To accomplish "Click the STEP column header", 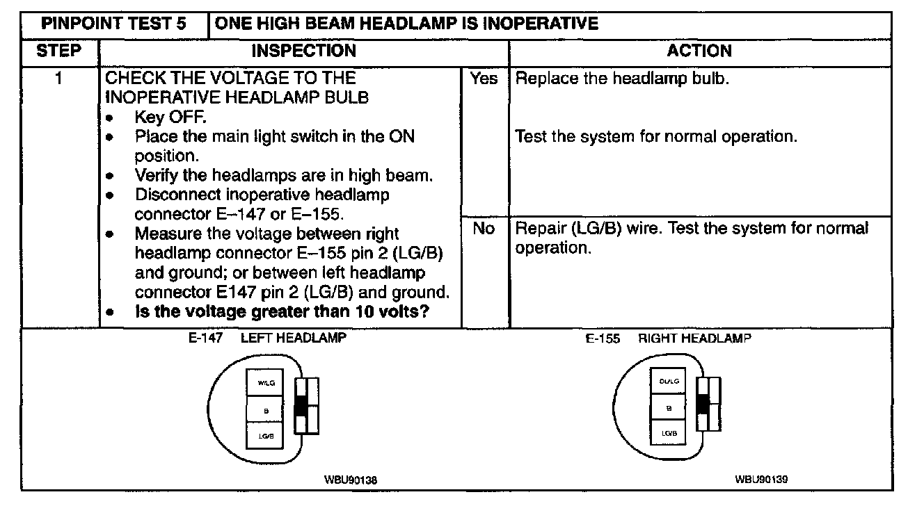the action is pos(58,51).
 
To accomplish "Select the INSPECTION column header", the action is pos(303,51).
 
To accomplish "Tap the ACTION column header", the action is pos(699,51).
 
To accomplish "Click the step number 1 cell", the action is pos(58,79).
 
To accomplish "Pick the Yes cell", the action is pos(484,79).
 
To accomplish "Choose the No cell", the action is pos(484,228).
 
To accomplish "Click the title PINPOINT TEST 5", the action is pos(114,24).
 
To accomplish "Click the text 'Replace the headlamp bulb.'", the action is pos(622,79).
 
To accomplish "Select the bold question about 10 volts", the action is pos(281,312).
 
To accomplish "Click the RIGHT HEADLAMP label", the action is pos(694,338).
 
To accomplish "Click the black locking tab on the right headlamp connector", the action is pos(702,404).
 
